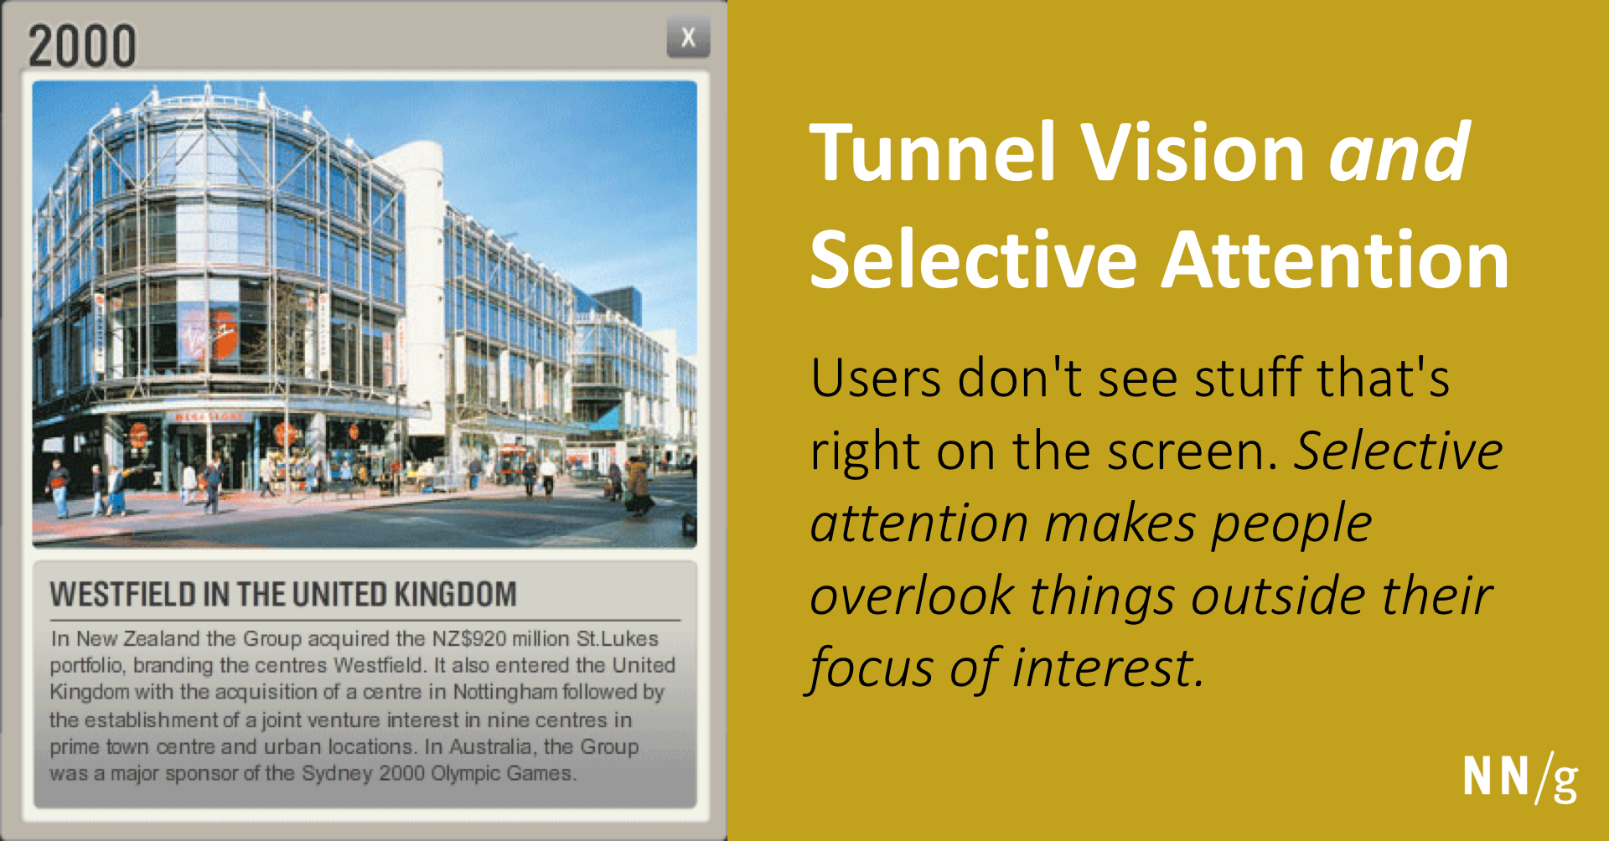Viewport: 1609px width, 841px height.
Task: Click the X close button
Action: click(688, 38)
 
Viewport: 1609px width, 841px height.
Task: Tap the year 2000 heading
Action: click(82, 46)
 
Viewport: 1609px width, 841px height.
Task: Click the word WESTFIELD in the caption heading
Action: click(122, 595)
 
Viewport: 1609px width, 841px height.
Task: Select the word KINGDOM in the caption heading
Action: click(455, 595)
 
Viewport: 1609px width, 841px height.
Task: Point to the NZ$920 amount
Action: click(469, 638)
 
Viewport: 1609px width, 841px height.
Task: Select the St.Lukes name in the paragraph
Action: click(618, 638)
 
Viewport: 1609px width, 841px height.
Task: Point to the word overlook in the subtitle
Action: click(912, 596)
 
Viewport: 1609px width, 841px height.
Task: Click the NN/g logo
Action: click(1520, 778)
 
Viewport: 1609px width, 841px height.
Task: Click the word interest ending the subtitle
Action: click(1108, 668)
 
